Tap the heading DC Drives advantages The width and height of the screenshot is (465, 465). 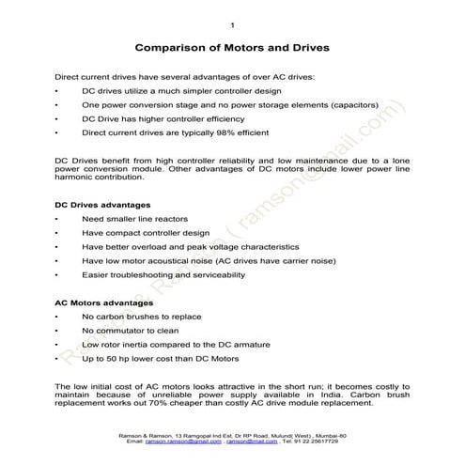coord(97,204)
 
